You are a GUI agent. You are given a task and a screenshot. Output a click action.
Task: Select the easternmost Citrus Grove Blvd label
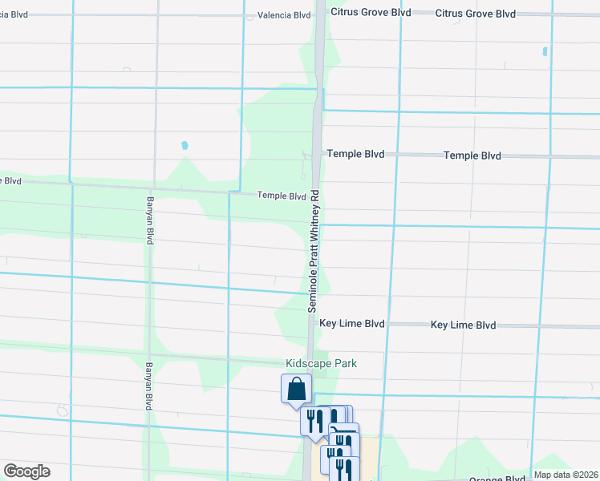click(476, 14)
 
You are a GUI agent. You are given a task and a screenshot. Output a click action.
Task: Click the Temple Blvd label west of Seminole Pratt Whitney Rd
click(282, 196)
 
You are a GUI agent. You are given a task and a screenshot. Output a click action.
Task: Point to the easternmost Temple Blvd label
click(472, 156)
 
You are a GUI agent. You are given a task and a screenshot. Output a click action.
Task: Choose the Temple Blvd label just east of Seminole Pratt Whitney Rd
click(355, 154)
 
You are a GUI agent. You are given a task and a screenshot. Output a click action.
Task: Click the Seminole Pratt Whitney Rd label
click(315, 251)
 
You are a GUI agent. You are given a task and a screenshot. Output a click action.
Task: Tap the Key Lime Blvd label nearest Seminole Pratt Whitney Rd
click(352, 324)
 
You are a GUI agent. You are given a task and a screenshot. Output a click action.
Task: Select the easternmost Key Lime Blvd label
click(463, 325)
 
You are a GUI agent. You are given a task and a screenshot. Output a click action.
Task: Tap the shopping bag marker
click(296, 389)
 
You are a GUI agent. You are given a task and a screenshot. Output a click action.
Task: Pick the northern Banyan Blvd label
click(149, 220)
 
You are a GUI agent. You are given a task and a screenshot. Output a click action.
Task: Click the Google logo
click(26, 471)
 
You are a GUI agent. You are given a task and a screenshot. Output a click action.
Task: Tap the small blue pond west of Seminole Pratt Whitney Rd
click(184, 146)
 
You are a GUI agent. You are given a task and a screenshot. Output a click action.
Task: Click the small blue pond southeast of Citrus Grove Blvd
click(545, 51)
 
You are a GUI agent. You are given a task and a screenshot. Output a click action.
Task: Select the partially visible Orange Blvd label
click(498, 478)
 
